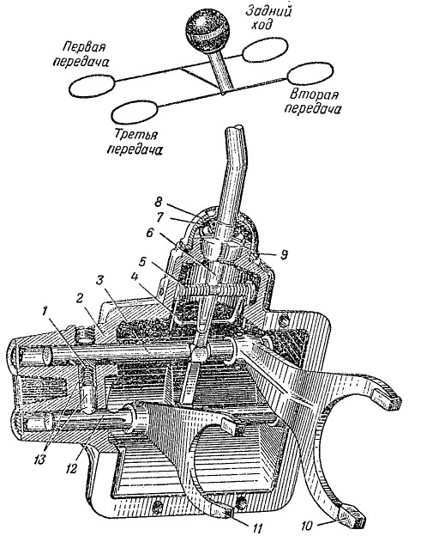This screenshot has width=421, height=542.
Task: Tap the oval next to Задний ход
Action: tap(265, 50)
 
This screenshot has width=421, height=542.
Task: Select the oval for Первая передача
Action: tap(92, 86)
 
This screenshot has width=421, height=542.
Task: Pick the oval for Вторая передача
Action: tap(310, 73)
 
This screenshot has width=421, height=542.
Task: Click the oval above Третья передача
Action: tap(135, 112)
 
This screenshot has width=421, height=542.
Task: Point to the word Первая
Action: tap(85, 46)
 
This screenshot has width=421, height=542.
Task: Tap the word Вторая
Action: tap(314, 94)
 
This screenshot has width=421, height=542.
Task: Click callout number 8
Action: tap(158, 202)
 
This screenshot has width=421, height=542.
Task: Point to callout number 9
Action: tap(283, 255)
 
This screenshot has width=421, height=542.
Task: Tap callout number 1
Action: tap(45, 312)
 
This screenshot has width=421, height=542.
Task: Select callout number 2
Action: tap(80, 298)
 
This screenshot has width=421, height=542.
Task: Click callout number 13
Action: tap(39, 460)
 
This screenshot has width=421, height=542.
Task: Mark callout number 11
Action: tap(256, 528)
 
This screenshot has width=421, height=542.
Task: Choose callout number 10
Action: tap(307, 526)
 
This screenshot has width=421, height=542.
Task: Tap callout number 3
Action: tap(99, 280)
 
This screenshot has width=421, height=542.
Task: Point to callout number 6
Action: tap(149, 232)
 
